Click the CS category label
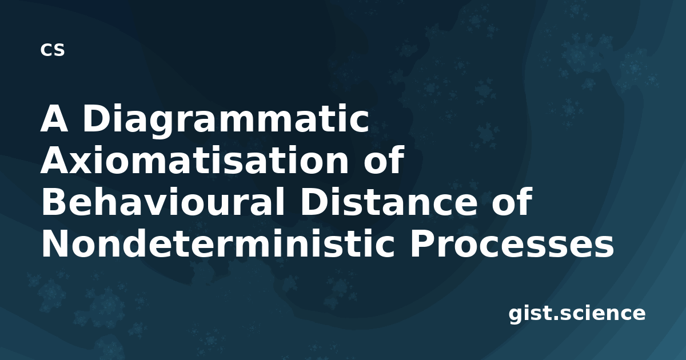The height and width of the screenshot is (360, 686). click(x=53, y=50)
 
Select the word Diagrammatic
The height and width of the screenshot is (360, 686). click(x=225, y=121)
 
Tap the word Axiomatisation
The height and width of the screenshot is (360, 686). click(x=194, y=160)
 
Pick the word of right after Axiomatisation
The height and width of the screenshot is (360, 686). click(x=384, y=159)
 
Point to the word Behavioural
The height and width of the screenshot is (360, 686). click(x=163, y=202)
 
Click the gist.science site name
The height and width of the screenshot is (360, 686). click(x=577, y=314)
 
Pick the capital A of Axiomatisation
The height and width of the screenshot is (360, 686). click(x=54, y=161)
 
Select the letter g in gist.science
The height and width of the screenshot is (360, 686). click(x=516, y=316)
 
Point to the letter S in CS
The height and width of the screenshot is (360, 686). click(x=59, y=50)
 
